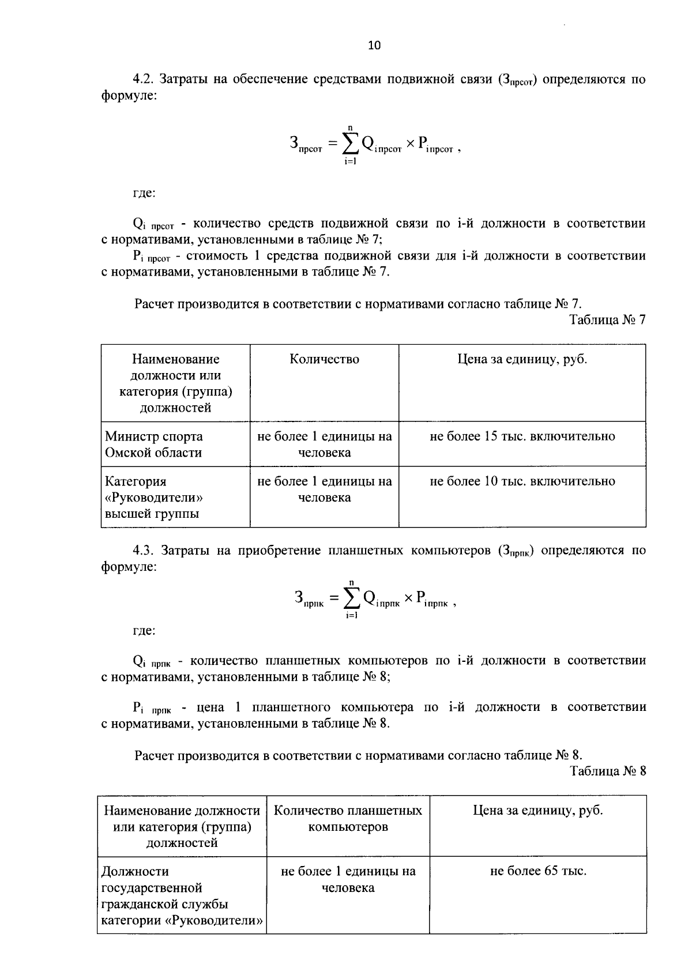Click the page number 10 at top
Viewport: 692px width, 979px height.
point(374,46)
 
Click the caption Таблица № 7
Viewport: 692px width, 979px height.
point(608,320)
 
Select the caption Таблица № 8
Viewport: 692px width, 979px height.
point(608,771)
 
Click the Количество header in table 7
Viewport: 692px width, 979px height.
point(324,359)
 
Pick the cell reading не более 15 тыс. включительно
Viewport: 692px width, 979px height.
point(522,436)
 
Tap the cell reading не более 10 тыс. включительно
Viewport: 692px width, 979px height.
point(522,481)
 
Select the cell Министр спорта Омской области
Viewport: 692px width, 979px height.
point(153,445)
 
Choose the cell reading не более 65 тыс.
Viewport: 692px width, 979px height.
point(537,871)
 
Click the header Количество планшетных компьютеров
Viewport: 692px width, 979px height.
point(348,819)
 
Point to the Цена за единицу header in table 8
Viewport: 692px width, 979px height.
point(537,811)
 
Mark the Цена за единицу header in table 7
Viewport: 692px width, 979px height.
point(522,359)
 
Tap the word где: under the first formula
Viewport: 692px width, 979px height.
point(144,193)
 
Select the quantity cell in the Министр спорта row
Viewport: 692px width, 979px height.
point(324,445)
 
